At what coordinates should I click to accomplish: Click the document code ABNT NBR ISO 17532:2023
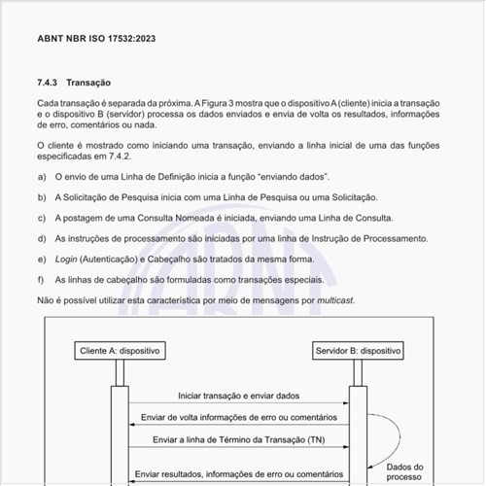click(96, 39)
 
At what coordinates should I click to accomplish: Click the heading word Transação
click(88, 84)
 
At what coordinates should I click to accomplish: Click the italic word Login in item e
click(66, 260)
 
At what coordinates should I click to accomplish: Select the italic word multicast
click(332, 299)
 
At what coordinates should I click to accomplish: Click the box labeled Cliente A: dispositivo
click(121, 349)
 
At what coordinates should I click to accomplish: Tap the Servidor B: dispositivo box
click(359, 349)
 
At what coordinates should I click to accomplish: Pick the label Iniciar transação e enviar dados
click(239, 396)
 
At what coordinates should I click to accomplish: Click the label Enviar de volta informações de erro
click(239, 418)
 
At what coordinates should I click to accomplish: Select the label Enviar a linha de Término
click(239, 439)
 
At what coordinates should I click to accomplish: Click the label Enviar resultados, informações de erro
click(239, 473)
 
